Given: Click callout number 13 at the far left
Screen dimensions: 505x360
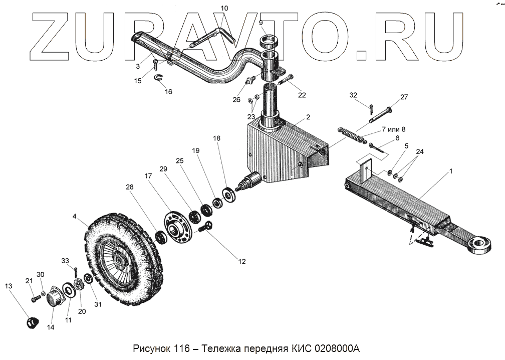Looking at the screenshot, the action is click(x=8, y=286).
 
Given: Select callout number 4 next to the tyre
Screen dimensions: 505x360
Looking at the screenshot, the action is click(x=75, y=217).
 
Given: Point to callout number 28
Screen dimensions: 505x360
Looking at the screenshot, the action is click(x=130, y=187).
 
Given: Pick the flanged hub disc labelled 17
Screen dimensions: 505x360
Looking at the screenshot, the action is click(x=176, y=229).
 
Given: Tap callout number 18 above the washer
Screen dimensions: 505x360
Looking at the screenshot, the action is click(x=216, y=138).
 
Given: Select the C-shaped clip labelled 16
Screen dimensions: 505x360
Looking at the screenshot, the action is click(x=160, y=77).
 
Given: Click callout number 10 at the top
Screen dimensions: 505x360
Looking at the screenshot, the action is click(x=224, y=8).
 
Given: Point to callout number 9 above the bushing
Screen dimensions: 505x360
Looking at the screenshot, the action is click(x=261, y=23).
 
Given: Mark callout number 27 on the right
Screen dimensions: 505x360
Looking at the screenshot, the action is click(x=404, y=97).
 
